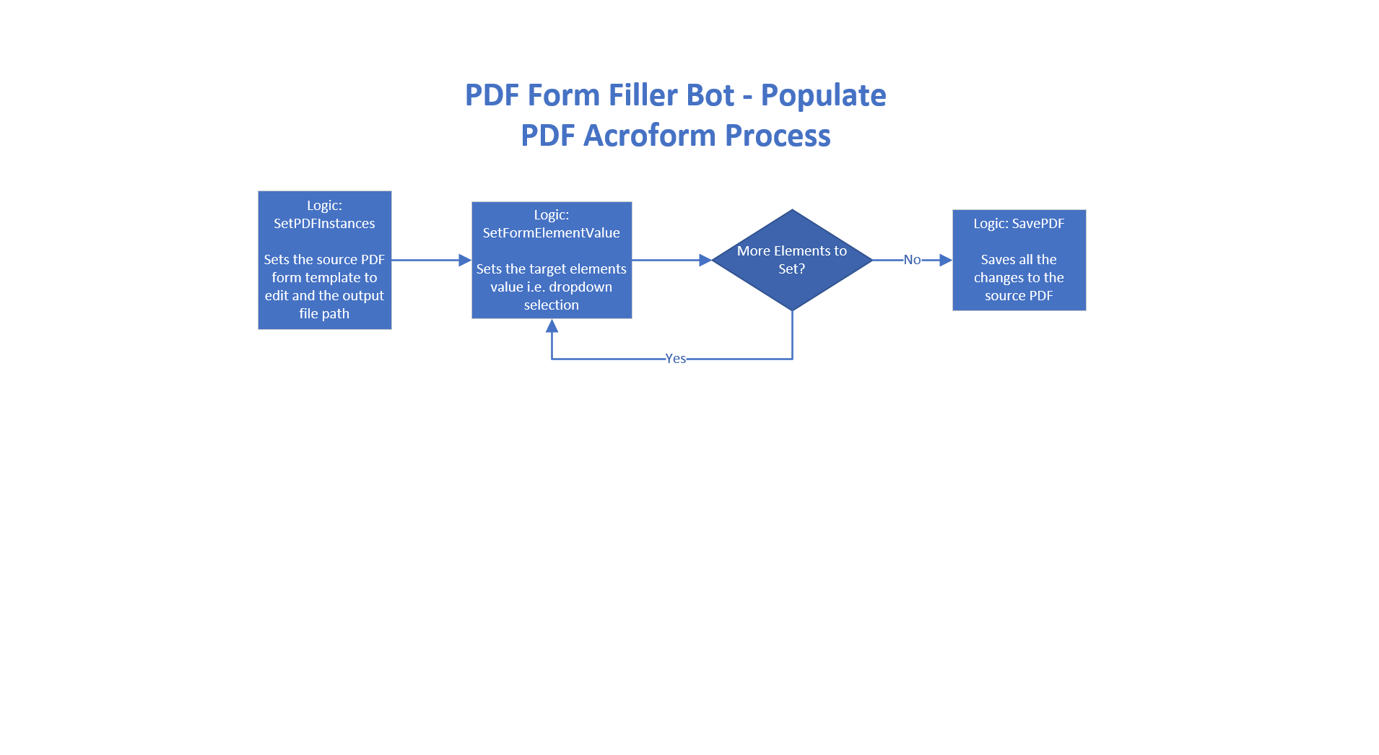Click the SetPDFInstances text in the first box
324,224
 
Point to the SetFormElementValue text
552,233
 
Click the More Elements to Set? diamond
792,260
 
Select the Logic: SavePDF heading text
1019,224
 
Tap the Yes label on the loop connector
676,359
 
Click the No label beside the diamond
912,260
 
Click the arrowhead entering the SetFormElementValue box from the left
465,260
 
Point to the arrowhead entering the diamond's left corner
705,260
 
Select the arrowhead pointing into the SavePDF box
946,260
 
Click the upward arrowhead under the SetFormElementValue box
552,326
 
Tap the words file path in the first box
324,314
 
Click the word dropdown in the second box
580,287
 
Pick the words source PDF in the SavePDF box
1019,296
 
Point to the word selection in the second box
552,305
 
